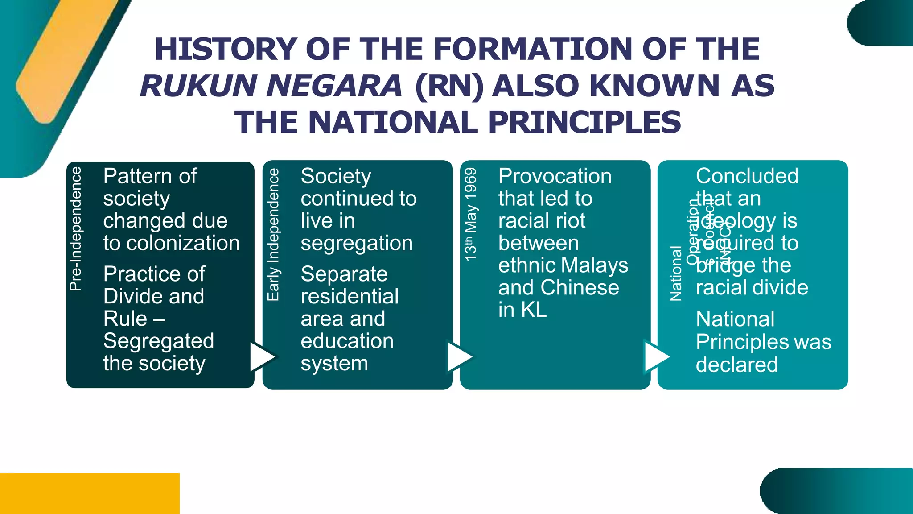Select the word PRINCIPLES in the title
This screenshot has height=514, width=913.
585,122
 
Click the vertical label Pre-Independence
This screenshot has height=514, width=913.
76,229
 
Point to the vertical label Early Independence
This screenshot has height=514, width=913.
273,235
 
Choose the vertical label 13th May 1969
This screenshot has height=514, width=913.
471,215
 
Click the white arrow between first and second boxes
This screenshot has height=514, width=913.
262,357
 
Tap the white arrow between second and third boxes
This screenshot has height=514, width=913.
459,357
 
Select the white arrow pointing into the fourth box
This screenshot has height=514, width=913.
657,357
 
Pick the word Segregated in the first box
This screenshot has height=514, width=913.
159,341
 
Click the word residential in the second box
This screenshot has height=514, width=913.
350,297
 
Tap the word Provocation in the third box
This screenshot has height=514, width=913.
555,176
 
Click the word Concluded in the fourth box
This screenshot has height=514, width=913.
747,176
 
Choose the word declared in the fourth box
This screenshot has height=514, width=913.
737,365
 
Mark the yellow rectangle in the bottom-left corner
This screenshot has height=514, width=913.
89,493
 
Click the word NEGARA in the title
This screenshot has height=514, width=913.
334,86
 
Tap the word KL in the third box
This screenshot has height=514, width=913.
534,310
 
